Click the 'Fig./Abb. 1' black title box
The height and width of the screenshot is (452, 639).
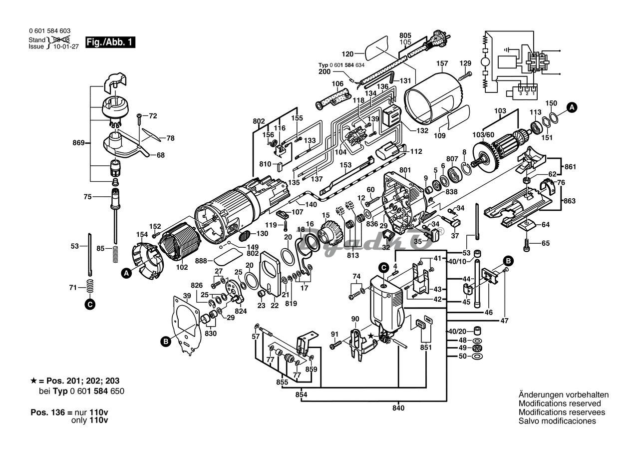pyautogui.click(x=110, y=42)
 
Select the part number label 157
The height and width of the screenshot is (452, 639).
pyautogui.click(x=442, y=64)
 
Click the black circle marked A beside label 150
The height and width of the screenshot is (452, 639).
pyautogui.click(x=573, y=106)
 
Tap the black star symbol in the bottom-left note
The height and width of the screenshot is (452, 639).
pyautogui.click(x=33, y=381)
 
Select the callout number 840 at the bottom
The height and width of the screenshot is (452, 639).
pyautogui.click(x=398, y=408)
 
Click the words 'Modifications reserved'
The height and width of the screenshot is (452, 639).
pyautogui.click(x=560, y=403)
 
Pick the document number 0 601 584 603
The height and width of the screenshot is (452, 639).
pyautogui.click(x=49, y=30)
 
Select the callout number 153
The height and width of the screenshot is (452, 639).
pyautogui.click(x=345, y=165)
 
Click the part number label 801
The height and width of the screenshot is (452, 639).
pyautogui.click(x=404, y=170)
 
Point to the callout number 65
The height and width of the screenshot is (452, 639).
pyautogui.click(x=545, y=243)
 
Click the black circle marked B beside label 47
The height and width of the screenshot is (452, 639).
pyautogui.click(x=508, y=261)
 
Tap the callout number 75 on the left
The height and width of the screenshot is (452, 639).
pyautogui.click(x=88, y=197)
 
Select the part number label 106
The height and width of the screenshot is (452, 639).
pyautogui.click(x=337, y=83)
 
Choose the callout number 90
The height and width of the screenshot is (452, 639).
pyautogui.click(x=355, y=319)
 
